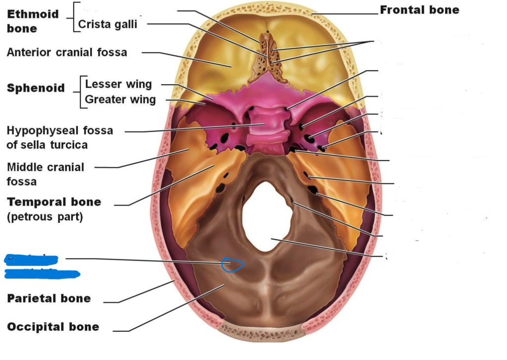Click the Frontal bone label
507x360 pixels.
tap(419, 10)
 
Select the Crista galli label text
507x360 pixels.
tap(107, 24)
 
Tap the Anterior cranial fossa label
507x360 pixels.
tap(67, 52)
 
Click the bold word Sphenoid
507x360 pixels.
tap(36, 88)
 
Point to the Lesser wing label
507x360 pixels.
tap(118, 84)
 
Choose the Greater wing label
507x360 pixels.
tap(120, 100)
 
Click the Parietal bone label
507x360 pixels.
tap(49, 298)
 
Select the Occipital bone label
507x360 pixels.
tap(53, 327)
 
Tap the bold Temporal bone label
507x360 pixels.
tap(53, 202)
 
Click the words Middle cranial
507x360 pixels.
tap(46, 167)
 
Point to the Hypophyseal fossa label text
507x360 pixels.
tap(60, 131)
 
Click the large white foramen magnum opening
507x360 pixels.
tap(267, 215)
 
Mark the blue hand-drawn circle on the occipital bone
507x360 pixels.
tap(232, 265)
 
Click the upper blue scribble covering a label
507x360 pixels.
tap(31, 259)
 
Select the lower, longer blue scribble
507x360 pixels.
tap(42, 273)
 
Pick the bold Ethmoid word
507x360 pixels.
tap(33, 14)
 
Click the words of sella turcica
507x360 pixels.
tap(47, 145)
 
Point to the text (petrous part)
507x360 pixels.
tap(45, 217)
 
